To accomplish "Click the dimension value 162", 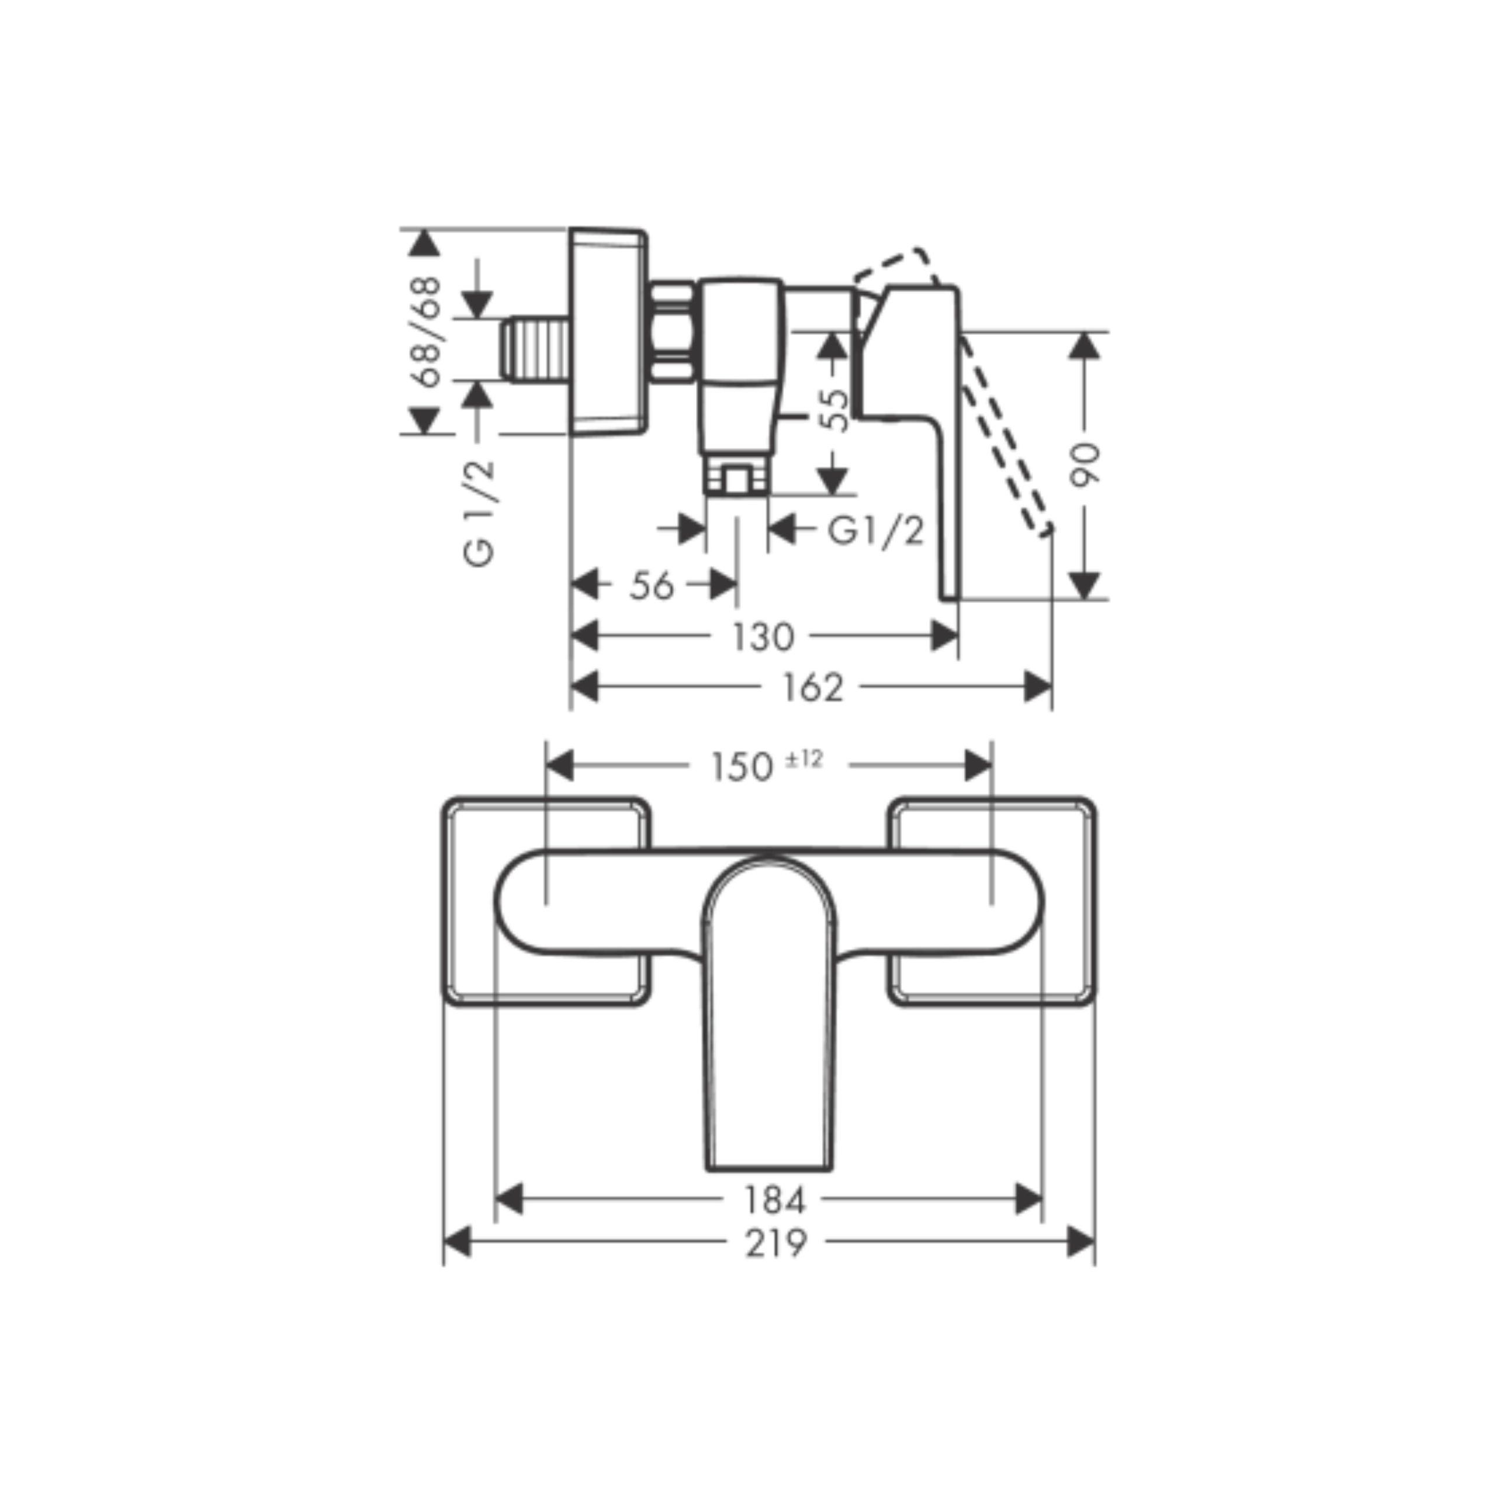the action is [x=812, y=687].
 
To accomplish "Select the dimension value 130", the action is [x=764, y=636].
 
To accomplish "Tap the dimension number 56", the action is [x=652, y=586].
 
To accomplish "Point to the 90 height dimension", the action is [x=1084, y=465].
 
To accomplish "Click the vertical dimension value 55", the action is [x=834, y=410].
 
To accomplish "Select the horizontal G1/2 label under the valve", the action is [x=876, y=531].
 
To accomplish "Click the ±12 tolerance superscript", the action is [x=804, y=760].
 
